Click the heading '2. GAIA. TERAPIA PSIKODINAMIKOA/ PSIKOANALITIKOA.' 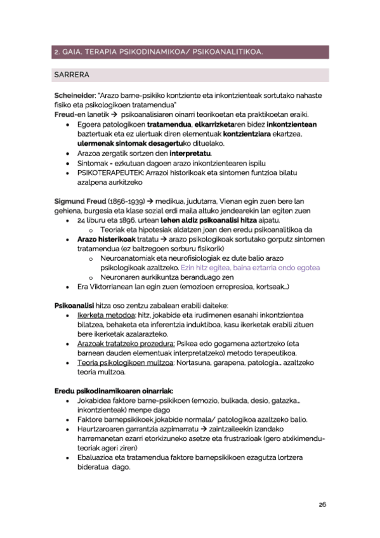pos(158,51)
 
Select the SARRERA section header pos(72,74)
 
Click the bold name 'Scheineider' pos(75,95)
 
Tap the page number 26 pos(322,504)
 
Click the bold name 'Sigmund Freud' pos(79,200)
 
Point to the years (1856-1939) pos(122,200)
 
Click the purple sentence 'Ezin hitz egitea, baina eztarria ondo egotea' pos(249,268)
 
